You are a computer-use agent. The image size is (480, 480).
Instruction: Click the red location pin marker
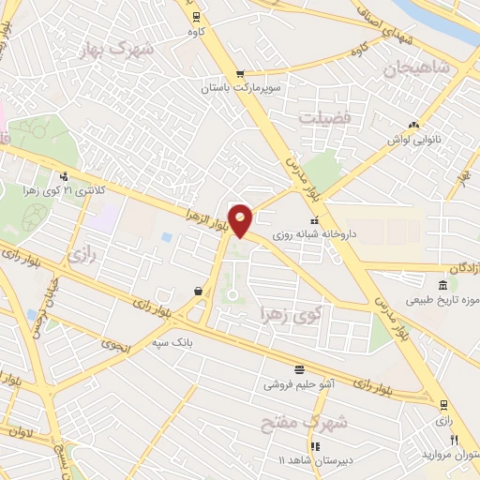241,219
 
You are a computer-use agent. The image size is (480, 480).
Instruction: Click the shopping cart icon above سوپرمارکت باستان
241,73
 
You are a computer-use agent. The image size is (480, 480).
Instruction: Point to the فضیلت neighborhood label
323,118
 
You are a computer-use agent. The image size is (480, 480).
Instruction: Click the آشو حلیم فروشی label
297,383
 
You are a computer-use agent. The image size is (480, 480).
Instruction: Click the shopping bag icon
199,292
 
